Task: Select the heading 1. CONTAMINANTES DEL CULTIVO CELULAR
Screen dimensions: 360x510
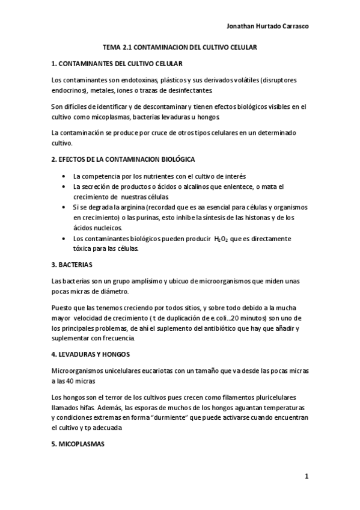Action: (x=117, y=63)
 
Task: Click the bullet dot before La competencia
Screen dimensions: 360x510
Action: (x=64, y=177)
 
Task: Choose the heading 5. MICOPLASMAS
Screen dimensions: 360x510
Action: (x=78, y=444)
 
